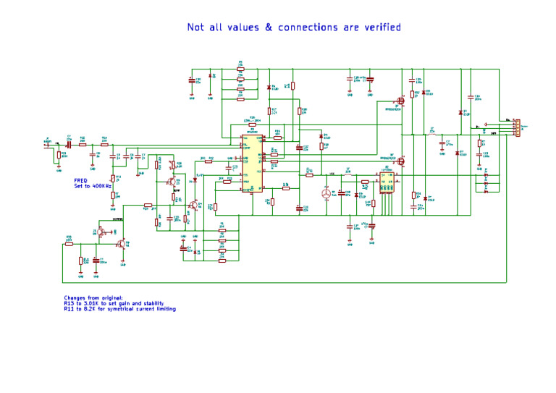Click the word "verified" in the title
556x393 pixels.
click(x=382, y=28)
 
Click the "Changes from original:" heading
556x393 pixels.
click(x=93, y=297)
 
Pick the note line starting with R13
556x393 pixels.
click(x=114, y=303)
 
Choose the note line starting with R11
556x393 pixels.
click(x=119, y=309)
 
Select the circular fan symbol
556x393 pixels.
click(x=326, y=194)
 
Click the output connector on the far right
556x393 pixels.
click(x=515, y=127)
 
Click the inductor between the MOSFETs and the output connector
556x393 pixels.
click(x=432, y=134)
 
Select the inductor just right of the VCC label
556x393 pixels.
click(x=348, y=174)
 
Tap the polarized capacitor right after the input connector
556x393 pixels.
click(x=69, y=143)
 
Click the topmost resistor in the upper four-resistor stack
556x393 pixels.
click(x=242, y=70)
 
